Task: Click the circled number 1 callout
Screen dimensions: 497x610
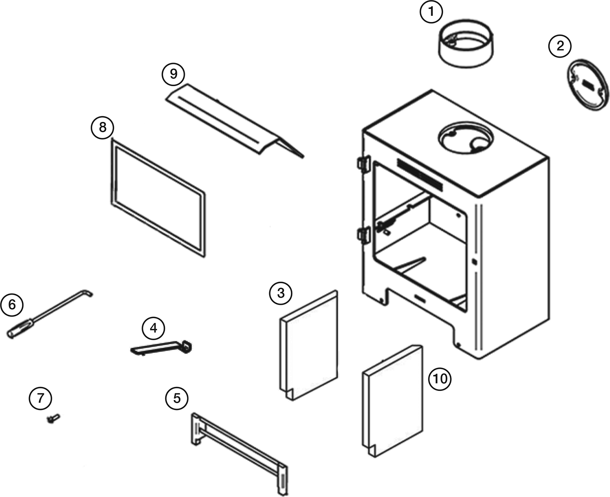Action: coord(431,12)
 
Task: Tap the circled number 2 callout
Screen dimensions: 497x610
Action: coord(560,46)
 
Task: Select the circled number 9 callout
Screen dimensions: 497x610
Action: coord(173,74)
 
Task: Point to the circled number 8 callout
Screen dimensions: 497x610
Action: coord(102,127)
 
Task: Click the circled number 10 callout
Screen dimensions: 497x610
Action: coord(440,379)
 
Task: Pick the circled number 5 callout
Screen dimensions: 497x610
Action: coord(176,398)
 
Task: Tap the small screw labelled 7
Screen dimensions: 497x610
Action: coord(53,418)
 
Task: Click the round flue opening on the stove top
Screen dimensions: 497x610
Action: coord(466,139)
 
